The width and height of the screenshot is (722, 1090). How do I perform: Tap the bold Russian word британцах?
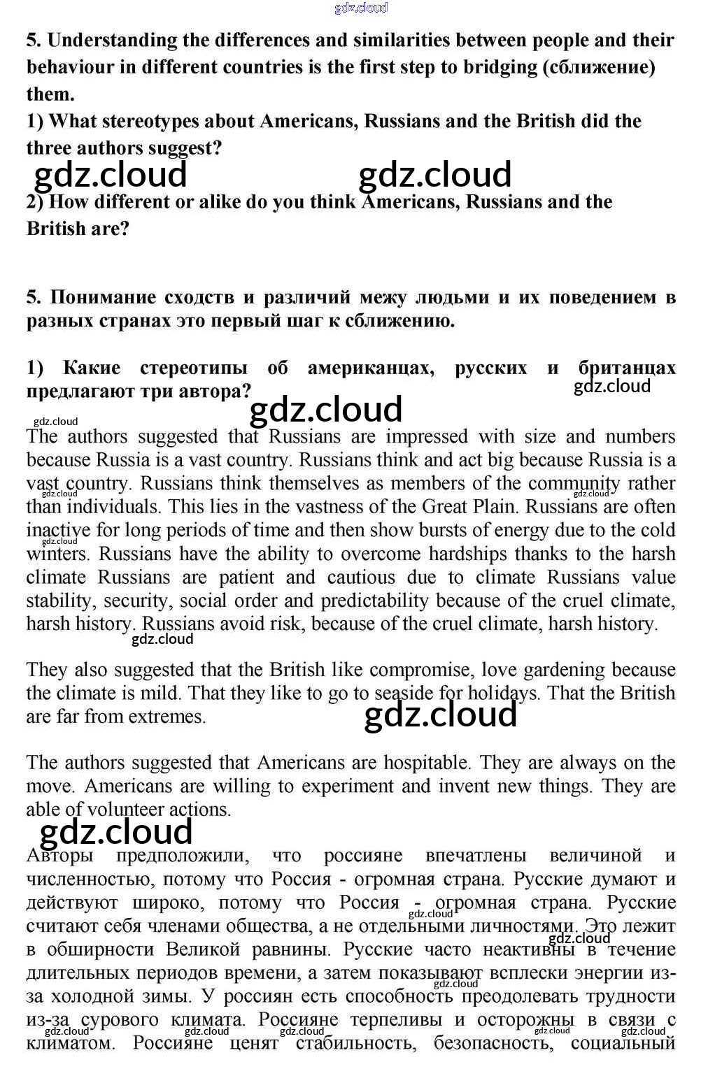pyautogui.click(x=627, y=368)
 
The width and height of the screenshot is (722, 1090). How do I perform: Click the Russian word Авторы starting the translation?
pyautogui.click(x=59, y=856)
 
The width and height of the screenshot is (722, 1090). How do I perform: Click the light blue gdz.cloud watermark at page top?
pyautogui.click(x=361, y=8)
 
